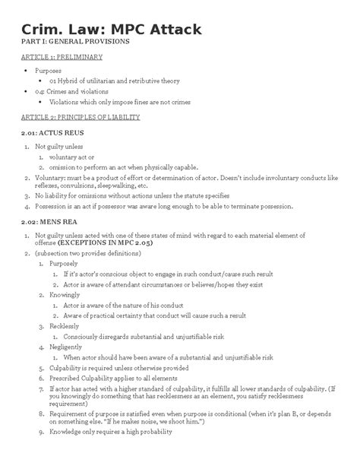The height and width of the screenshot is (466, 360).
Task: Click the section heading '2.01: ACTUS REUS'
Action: (47, 133)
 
